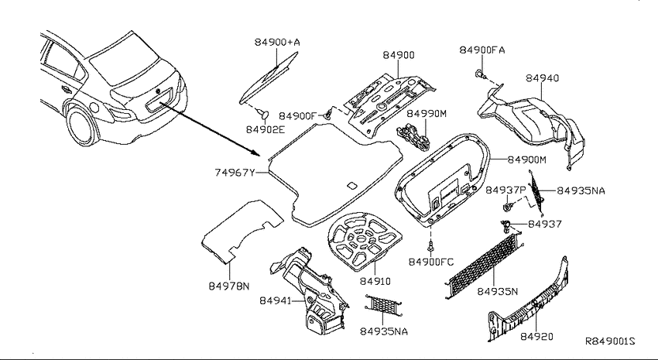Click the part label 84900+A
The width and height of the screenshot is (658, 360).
[x=277, y=42]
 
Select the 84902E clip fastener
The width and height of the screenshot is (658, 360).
[x=264, y=113]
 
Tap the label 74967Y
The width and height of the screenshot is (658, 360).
[x=235, y=173]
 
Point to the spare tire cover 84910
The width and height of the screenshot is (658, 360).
[x=363, y=241]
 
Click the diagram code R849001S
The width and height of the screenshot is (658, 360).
[x=610, y=341]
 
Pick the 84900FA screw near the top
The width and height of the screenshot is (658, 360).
[x=480, y=74]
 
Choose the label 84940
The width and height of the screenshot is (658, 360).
[x=542, y=78]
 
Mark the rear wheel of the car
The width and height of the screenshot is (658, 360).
[x=82, y=125]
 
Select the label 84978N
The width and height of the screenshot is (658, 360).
[x=228, y=286]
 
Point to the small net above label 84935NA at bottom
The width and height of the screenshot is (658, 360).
[x=383, y=306]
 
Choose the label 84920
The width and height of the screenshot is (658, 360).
[x=536, y=336]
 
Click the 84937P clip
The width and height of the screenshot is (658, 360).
[x=509, y=207]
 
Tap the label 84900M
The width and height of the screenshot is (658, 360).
[x=526, y=159]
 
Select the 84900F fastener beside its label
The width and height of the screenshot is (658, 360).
[x=328, y=115]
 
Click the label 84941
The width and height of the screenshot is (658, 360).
[x=275, y=301]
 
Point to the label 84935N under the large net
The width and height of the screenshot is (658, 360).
[x=497, y=291]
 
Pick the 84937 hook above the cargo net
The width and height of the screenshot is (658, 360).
[x=505, y=226]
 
